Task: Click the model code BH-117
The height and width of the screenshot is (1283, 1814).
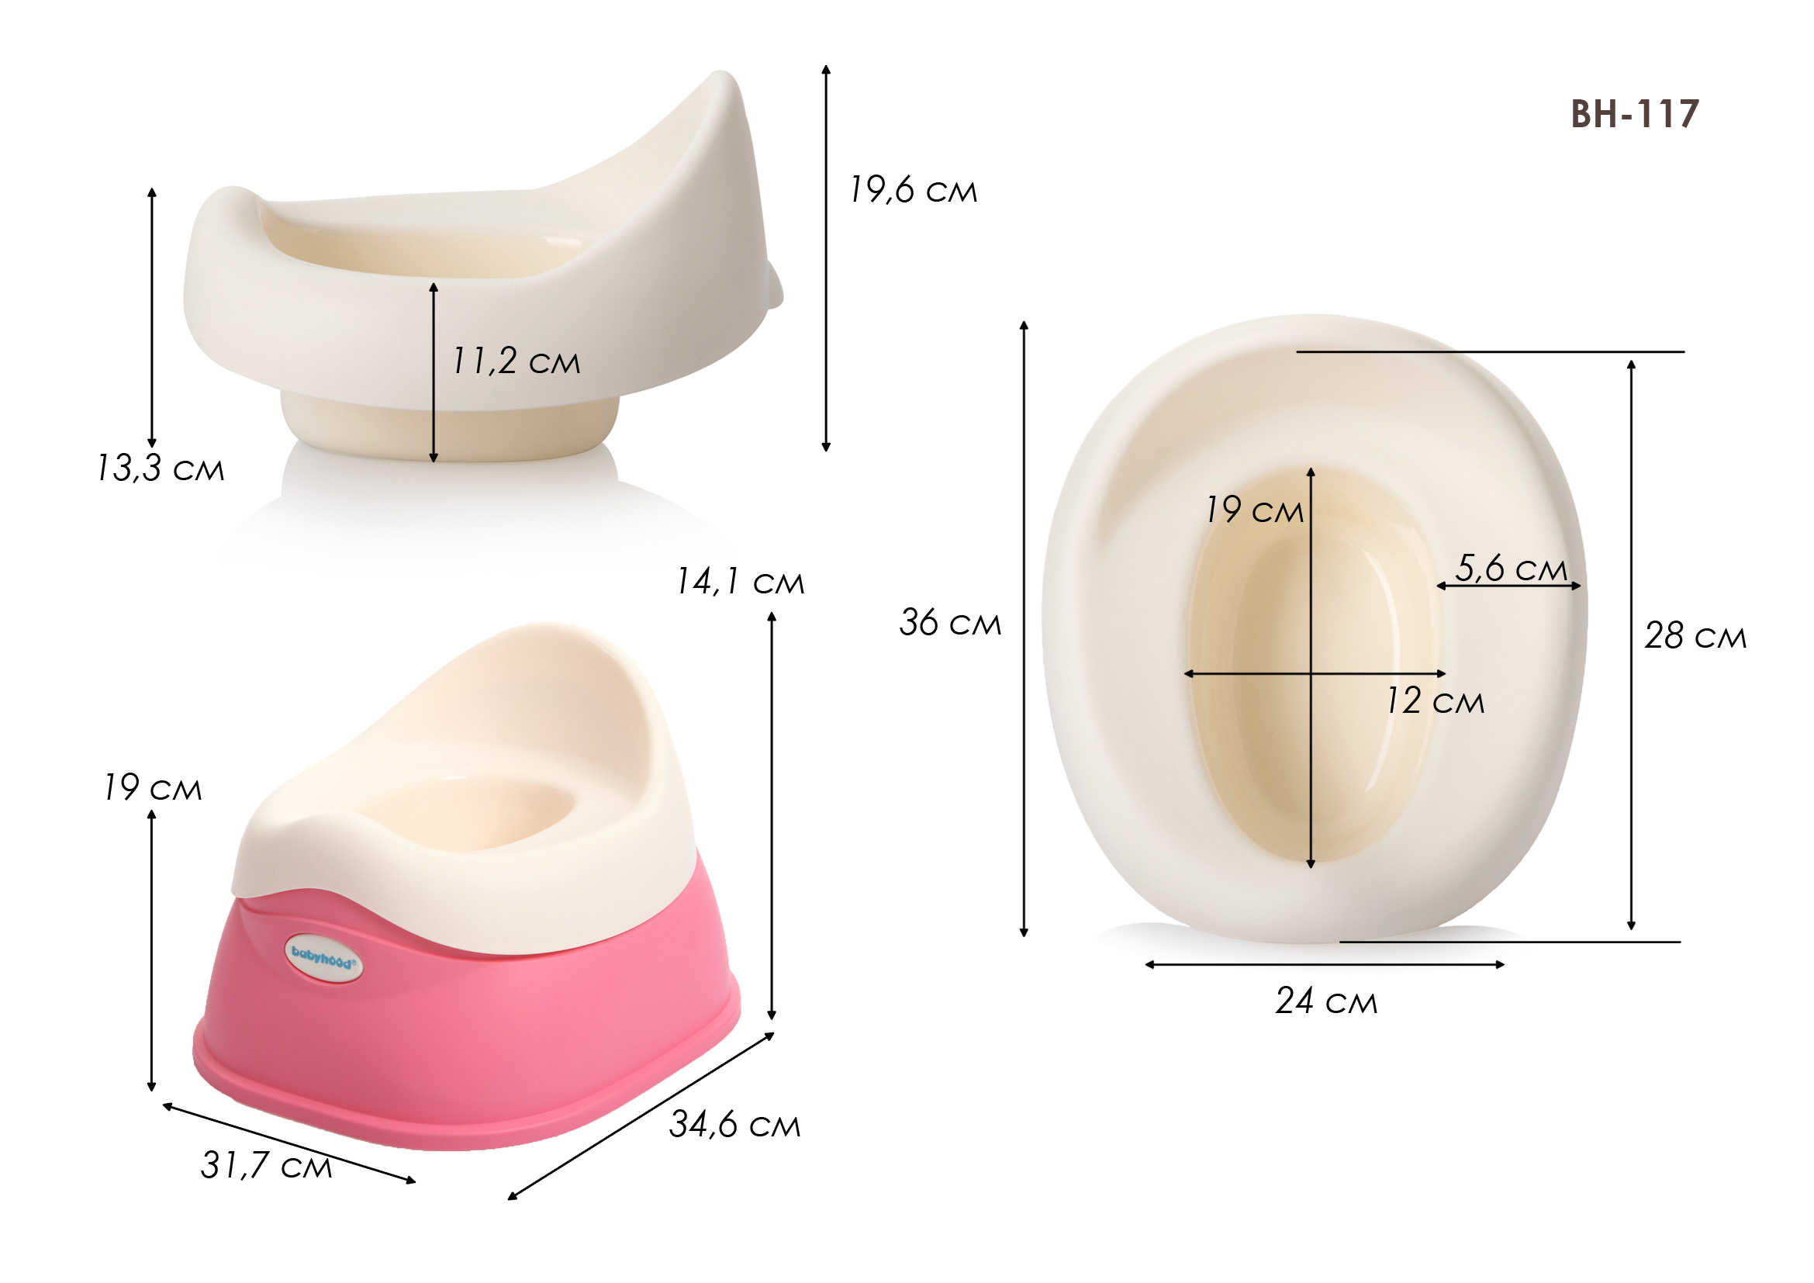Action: point(1634,114)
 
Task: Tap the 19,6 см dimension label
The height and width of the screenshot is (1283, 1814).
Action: point(914,189)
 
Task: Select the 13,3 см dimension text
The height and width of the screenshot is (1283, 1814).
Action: point(161,468)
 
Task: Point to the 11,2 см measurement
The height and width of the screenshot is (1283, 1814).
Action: point(516,361)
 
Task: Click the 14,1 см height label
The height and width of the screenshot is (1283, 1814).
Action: point(741,582)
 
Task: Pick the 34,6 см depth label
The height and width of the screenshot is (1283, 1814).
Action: point(734,1124)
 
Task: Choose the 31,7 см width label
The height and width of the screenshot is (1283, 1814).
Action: point(266,1165)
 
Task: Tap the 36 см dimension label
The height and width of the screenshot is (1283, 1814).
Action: point(951,623)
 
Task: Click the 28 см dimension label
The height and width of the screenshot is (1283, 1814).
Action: point(1695,636)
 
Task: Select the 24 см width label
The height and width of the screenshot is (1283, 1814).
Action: point(1326,1001)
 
